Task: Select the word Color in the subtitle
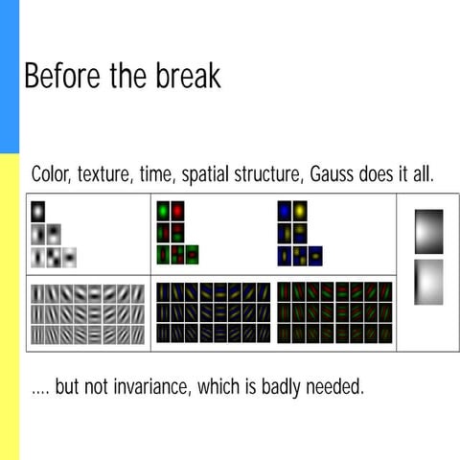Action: point(52,175)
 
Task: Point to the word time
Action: point(166,175)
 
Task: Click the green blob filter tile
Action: point(162,210)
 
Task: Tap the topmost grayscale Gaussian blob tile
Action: point(37,211)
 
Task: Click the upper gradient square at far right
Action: point(428,231)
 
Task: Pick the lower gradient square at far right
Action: point(428,282)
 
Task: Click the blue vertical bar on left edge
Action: point(9,77)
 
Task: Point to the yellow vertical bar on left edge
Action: point(9,307)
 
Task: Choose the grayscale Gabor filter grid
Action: point(88,312)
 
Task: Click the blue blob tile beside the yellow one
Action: point(284,210)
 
